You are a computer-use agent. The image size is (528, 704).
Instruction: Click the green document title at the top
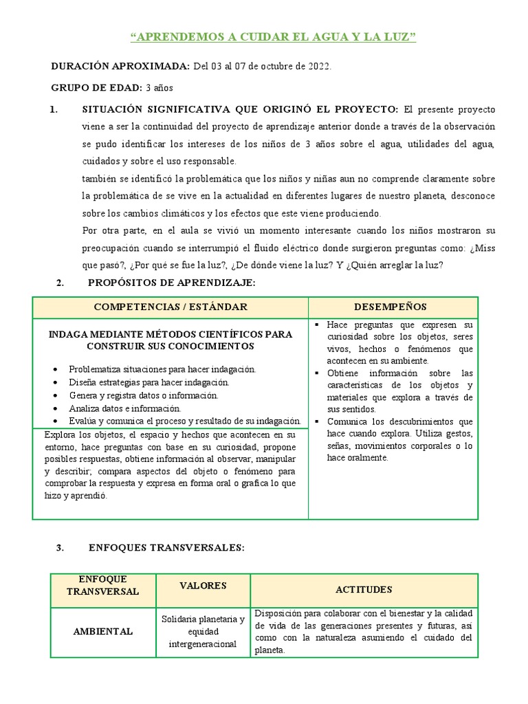point(273,37)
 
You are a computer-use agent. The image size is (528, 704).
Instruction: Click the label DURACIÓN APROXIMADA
point(120,66)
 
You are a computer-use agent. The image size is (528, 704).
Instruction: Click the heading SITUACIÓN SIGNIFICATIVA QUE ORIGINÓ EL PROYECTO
point(240,110)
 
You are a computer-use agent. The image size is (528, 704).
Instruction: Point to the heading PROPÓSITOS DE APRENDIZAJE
point(171,283)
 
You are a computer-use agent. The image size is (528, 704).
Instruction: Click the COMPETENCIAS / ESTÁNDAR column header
point(170,307)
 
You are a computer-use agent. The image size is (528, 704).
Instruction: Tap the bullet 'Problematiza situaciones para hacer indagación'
point(162,369)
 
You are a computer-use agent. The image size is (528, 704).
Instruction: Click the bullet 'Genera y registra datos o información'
point(143,395)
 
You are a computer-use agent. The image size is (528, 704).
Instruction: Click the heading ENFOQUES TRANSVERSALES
point(166,548)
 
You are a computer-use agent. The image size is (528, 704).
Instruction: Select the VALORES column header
point(203,586)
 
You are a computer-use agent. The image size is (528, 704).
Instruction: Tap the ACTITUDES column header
point(364,590)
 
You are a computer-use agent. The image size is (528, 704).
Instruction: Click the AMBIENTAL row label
point(103,632)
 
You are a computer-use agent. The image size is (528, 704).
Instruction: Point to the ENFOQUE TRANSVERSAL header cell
point(103,585)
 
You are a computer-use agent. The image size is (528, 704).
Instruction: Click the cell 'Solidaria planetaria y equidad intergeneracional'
point(203,632)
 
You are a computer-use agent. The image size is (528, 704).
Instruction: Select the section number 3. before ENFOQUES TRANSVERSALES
point(60,548)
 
